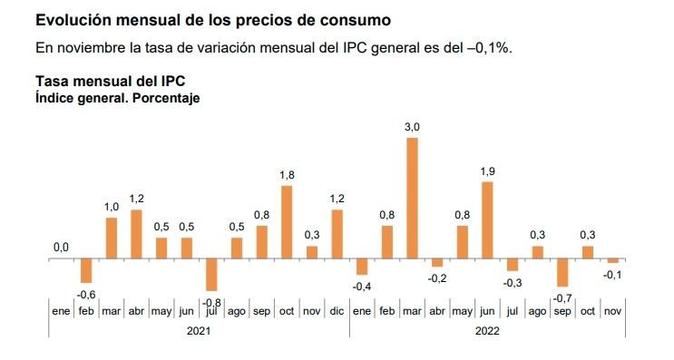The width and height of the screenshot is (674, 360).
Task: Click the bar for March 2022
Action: point(412,198)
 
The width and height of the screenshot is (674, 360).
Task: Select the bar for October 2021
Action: point(287,222)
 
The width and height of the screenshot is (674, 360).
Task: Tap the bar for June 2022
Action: point(487,220)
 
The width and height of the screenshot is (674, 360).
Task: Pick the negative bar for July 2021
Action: point(211,274)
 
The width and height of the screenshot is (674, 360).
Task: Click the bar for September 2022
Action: point(562,272)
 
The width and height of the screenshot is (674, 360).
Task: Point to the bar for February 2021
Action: point(87,270)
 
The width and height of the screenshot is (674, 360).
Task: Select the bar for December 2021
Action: point(337,234)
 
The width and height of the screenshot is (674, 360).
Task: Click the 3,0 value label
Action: point(412,128)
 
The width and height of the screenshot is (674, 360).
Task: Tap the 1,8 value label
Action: point(287,175)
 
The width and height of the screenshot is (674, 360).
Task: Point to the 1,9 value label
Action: point(487,171)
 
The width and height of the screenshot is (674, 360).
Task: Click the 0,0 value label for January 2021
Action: point(62,247)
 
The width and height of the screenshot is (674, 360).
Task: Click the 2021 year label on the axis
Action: point(199,332)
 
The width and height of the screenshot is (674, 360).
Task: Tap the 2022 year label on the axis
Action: point(486,332)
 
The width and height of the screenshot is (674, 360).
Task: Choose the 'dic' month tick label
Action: point(337,312)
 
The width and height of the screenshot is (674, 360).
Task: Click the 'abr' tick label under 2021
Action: point(137,312)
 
